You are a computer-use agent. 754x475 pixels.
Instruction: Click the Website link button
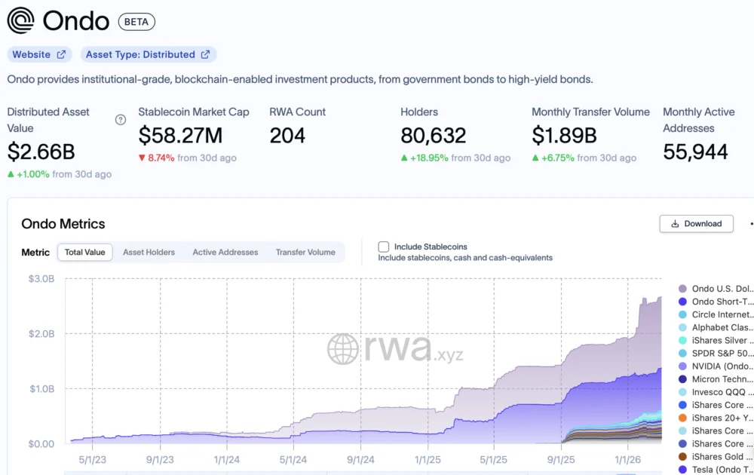coord(39,54)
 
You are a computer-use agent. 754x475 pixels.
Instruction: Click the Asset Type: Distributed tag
coord(148,54)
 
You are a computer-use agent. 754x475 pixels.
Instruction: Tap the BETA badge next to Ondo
coord(136,22)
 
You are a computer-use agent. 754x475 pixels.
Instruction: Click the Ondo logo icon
coord(20,20)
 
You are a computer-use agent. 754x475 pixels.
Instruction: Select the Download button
coord(696,224)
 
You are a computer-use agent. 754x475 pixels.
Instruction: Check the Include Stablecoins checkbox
coord(384,247)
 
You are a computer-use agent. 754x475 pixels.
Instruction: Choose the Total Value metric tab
coord(84,253)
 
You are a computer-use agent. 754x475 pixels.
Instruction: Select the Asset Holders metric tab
coord(149,253)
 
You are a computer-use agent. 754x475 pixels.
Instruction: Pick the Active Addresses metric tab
coord(225,253)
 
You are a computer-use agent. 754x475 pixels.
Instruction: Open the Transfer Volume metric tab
coord(305,253)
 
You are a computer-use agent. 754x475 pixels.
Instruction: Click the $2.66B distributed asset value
coord(41,152)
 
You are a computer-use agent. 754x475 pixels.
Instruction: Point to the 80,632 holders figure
coord(433,136)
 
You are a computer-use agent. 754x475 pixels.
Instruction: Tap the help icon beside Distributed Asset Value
coord(120,120)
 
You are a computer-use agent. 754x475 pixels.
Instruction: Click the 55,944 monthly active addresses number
coord(695,152)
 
